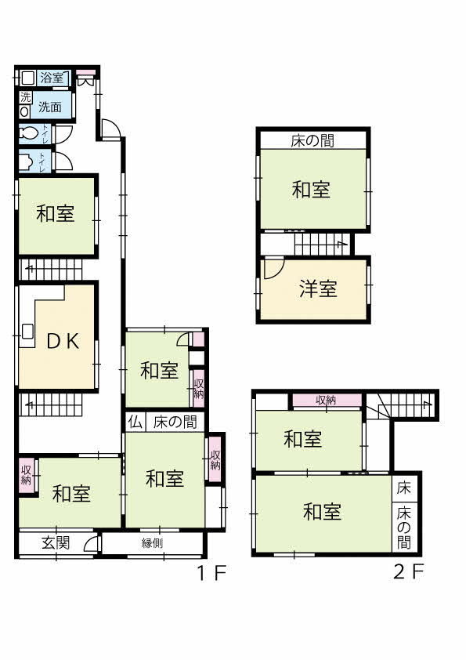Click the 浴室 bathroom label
click(52, 78)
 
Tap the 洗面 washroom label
click(50, 107)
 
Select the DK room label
click(63, 341)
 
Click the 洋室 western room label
click(318, 289)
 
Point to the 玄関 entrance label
click(56, 542)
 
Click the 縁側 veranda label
click(152, 543)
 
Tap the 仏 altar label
click(135, 422)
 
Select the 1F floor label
click(212, 572)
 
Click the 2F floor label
click(408, 571)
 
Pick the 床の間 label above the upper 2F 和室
click(312, 140)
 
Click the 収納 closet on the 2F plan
click(327, 401)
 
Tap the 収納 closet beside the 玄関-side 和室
click(26, 475)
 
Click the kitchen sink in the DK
click(27, 331)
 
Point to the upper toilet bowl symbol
click(29, 133)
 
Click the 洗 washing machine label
click(26, 97)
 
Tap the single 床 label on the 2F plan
click(404, 488)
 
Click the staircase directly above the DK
click(50, 270)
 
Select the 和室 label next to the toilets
click(55, 213)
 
